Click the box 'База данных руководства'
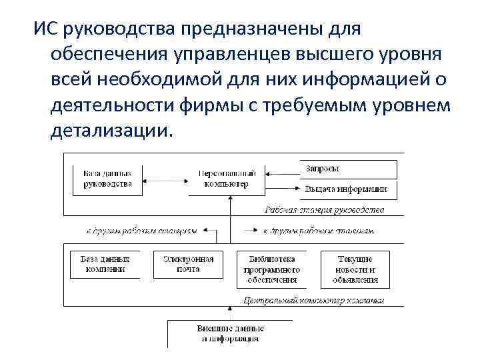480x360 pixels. pyautogui.click(x=108, y=179)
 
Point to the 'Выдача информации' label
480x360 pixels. pyautogui.click(x=346, y=189)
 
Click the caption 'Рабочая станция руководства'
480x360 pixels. pyautogui.click(x=324, y=210)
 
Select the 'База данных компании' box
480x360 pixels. pyautogui.click(x=105, y=264)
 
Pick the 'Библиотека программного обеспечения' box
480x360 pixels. pyautogui.click(x=273, y=269)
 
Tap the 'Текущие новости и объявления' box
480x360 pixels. pyautogui.click(x=355, y=269)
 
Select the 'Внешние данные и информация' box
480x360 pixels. pyautogui.click(x=230, y=334)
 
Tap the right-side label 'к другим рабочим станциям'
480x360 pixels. pyautogui.click(x=318, y=231)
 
